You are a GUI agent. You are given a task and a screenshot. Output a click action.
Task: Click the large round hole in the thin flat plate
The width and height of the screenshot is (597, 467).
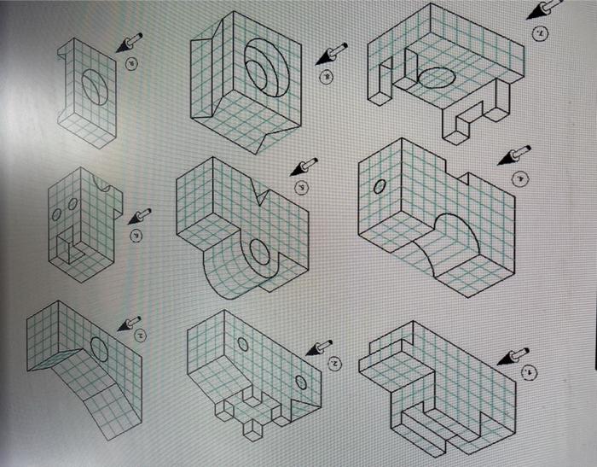[96, 87]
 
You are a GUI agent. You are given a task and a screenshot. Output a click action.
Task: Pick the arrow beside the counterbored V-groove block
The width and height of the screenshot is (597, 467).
[330, 54]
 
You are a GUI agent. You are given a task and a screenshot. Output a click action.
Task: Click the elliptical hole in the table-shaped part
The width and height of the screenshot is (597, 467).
[438, 78]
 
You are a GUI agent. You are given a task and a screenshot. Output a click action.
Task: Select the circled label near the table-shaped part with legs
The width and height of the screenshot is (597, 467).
[538, 33]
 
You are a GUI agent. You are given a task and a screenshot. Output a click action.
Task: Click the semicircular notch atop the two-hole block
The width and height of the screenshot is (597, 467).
[104, 184]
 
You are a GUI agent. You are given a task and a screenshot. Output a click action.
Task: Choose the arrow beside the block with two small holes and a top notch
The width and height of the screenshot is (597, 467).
[139, 217]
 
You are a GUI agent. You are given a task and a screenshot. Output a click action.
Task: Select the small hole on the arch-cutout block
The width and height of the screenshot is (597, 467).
[378, 186]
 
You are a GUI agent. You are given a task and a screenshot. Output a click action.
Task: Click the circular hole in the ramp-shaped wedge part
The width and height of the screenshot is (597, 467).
[98, 349]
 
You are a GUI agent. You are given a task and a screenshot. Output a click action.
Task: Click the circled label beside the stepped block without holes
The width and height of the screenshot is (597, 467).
[530, 373]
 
